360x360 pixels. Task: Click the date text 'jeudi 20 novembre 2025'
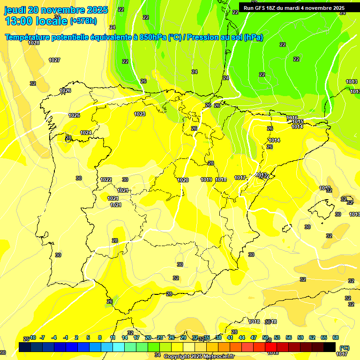(x=56, y=10)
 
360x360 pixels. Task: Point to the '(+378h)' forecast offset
(x=83, y=21)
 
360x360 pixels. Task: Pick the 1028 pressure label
(x=34, y=43)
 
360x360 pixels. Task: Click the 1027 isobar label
(x=54, y=60)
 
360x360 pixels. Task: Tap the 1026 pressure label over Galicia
(x=65, y=90)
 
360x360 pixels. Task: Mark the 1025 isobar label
(x=74, y=115)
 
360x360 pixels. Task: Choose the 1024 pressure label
(x=86, y=133)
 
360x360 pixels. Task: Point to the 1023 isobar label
(x=140, y=114)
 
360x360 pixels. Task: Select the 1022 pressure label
(x=106, y=180)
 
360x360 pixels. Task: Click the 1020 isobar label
(x=183, y=180)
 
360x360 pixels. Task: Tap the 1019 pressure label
(x=206, y=180)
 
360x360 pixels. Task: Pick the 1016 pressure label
(x=292, y=118)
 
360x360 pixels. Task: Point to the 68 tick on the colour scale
(x=336, y=337)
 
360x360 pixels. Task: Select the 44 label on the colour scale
(x=242, y=337)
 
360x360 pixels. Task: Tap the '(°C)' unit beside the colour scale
(x=344, y=348)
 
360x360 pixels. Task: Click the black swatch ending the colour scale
(x=330, y=347)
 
